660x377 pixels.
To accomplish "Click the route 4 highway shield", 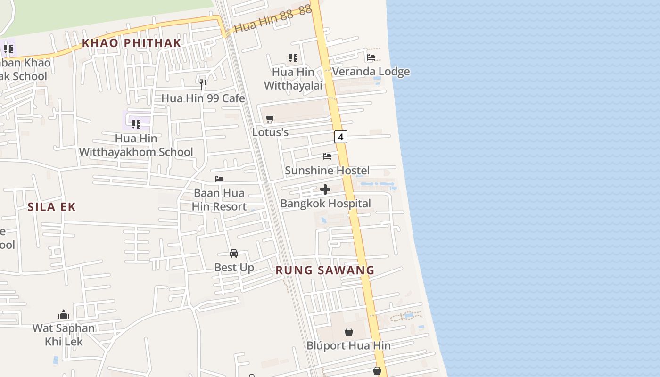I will click(x=340, y=137).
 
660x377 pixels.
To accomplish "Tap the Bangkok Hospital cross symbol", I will click(x=325, y=189).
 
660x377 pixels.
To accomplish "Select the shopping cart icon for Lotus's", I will click(x=270, y=118).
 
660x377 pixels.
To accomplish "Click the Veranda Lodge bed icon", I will click(x=371, y=57).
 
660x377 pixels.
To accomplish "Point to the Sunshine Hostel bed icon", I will click(x=327, y=156).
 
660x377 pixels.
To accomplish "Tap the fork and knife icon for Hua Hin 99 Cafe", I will click(x=203, y=84).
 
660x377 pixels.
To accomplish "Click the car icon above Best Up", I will click(x=234, y=254).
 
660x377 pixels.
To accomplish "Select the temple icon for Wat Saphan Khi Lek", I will click(x=64, y=314).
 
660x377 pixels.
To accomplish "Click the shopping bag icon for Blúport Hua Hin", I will click(x=349, y=332).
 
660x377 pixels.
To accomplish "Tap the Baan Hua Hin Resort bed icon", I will click(x=219, y=179).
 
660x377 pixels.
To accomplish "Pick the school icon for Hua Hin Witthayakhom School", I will click(x=136, y=124).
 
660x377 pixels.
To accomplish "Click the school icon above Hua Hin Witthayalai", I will click(x=293, y=58).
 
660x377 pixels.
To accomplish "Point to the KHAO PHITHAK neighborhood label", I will click(x=132, y=43).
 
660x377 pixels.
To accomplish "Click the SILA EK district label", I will click(x=51, y=207).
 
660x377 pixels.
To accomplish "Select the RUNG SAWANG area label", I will click(x=325, y=270).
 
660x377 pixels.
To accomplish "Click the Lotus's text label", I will click(x=270, y=132).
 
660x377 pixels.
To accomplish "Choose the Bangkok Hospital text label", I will click(x=325, y=204).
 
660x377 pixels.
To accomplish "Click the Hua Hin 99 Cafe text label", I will click(x=203, y=98).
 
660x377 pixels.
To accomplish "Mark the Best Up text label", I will click(x=234, y=268).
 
